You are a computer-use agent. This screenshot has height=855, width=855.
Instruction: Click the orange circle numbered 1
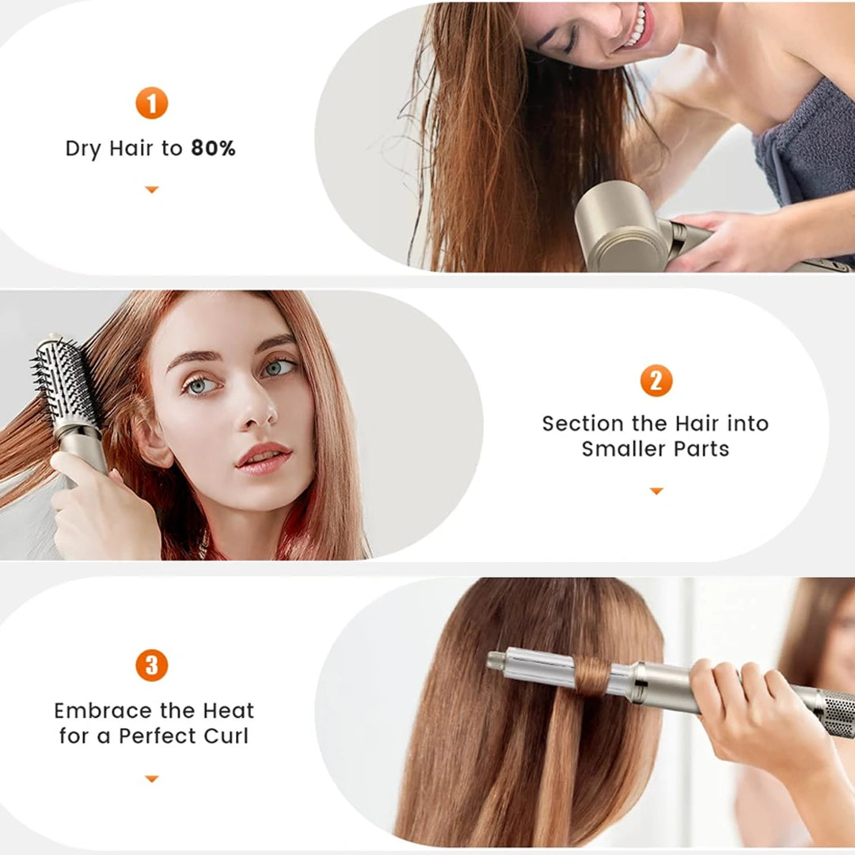[x=151, y=104]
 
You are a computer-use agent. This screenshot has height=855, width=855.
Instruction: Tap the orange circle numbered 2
[x=655, y=380]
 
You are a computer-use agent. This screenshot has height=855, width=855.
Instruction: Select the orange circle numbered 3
[x=151, y=665]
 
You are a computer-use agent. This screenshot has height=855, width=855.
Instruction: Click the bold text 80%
[x=213, y=149]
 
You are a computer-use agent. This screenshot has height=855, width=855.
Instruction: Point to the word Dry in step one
[x=83, y=149]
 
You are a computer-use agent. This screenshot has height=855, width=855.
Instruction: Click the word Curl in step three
[x=225, y=735]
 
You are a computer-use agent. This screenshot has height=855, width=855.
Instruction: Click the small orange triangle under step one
[x=151, y=190]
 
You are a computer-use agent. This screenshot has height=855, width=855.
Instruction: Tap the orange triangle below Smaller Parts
[x=655, y=492]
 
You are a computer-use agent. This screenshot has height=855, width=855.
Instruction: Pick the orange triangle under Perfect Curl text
[x=151, y=779]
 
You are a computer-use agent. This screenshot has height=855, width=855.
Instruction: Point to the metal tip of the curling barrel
[x=496, y=659]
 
